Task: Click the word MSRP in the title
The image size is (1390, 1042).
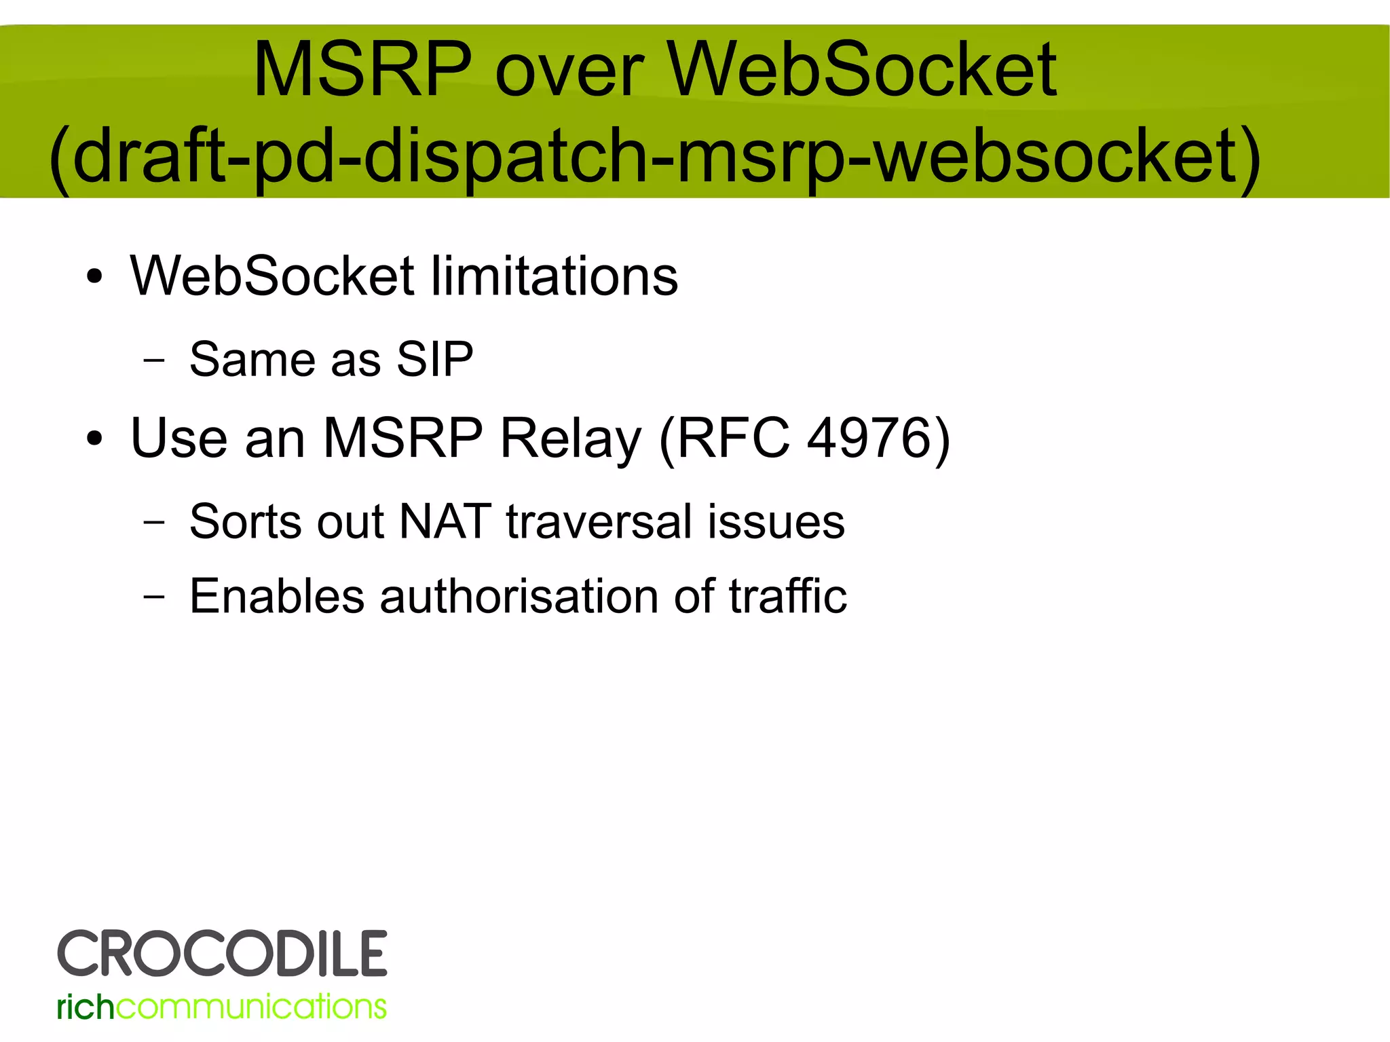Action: coord(362,70)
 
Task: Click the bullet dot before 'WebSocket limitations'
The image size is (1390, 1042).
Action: coord(94,277)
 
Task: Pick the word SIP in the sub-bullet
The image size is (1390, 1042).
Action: coord(435,359)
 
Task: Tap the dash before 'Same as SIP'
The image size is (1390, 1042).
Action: coord(154,360)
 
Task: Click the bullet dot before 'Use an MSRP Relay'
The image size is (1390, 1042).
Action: coord(94,439)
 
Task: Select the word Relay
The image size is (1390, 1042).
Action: coord(570,439)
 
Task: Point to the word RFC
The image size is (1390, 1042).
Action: coord(734,438)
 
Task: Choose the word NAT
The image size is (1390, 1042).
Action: coord(445,521)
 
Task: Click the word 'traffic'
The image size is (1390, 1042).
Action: coord(788,596)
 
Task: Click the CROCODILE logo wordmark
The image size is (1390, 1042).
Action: coord(223,953)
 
